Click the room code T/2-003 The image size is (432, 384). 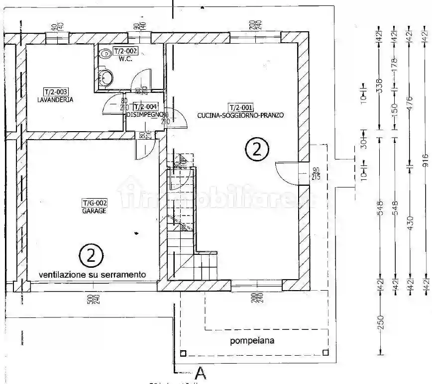tap(55, 91)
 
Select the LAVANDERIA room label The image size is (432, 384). tap(55, 99)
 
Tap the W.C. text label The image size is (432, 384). tap(124, 59)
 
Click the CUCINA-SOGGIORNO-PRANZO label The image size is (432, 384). tap(240, 115)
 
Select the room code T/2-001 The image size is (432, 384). tap(240, 107)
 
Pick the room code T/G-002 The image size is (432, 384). tap(95, 203)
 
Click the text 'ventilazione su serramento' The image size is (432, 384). tap(93, 274)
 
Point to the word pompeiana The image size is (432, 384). tap(252, 341)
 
